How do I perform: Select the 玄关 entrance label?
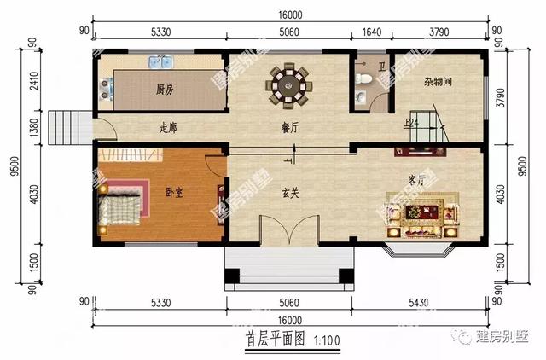coord(291,193)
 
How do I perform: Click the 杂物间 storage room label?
coord(438,84)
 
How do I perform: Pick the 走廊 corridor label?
coord(171,129)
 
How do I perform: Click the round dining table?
coord(291,84)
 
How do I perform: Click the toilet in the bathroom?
coord(365,79)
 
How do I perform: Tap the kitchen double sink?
coord(160,62)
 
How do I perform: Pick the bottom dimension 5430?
coord(422,302)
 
